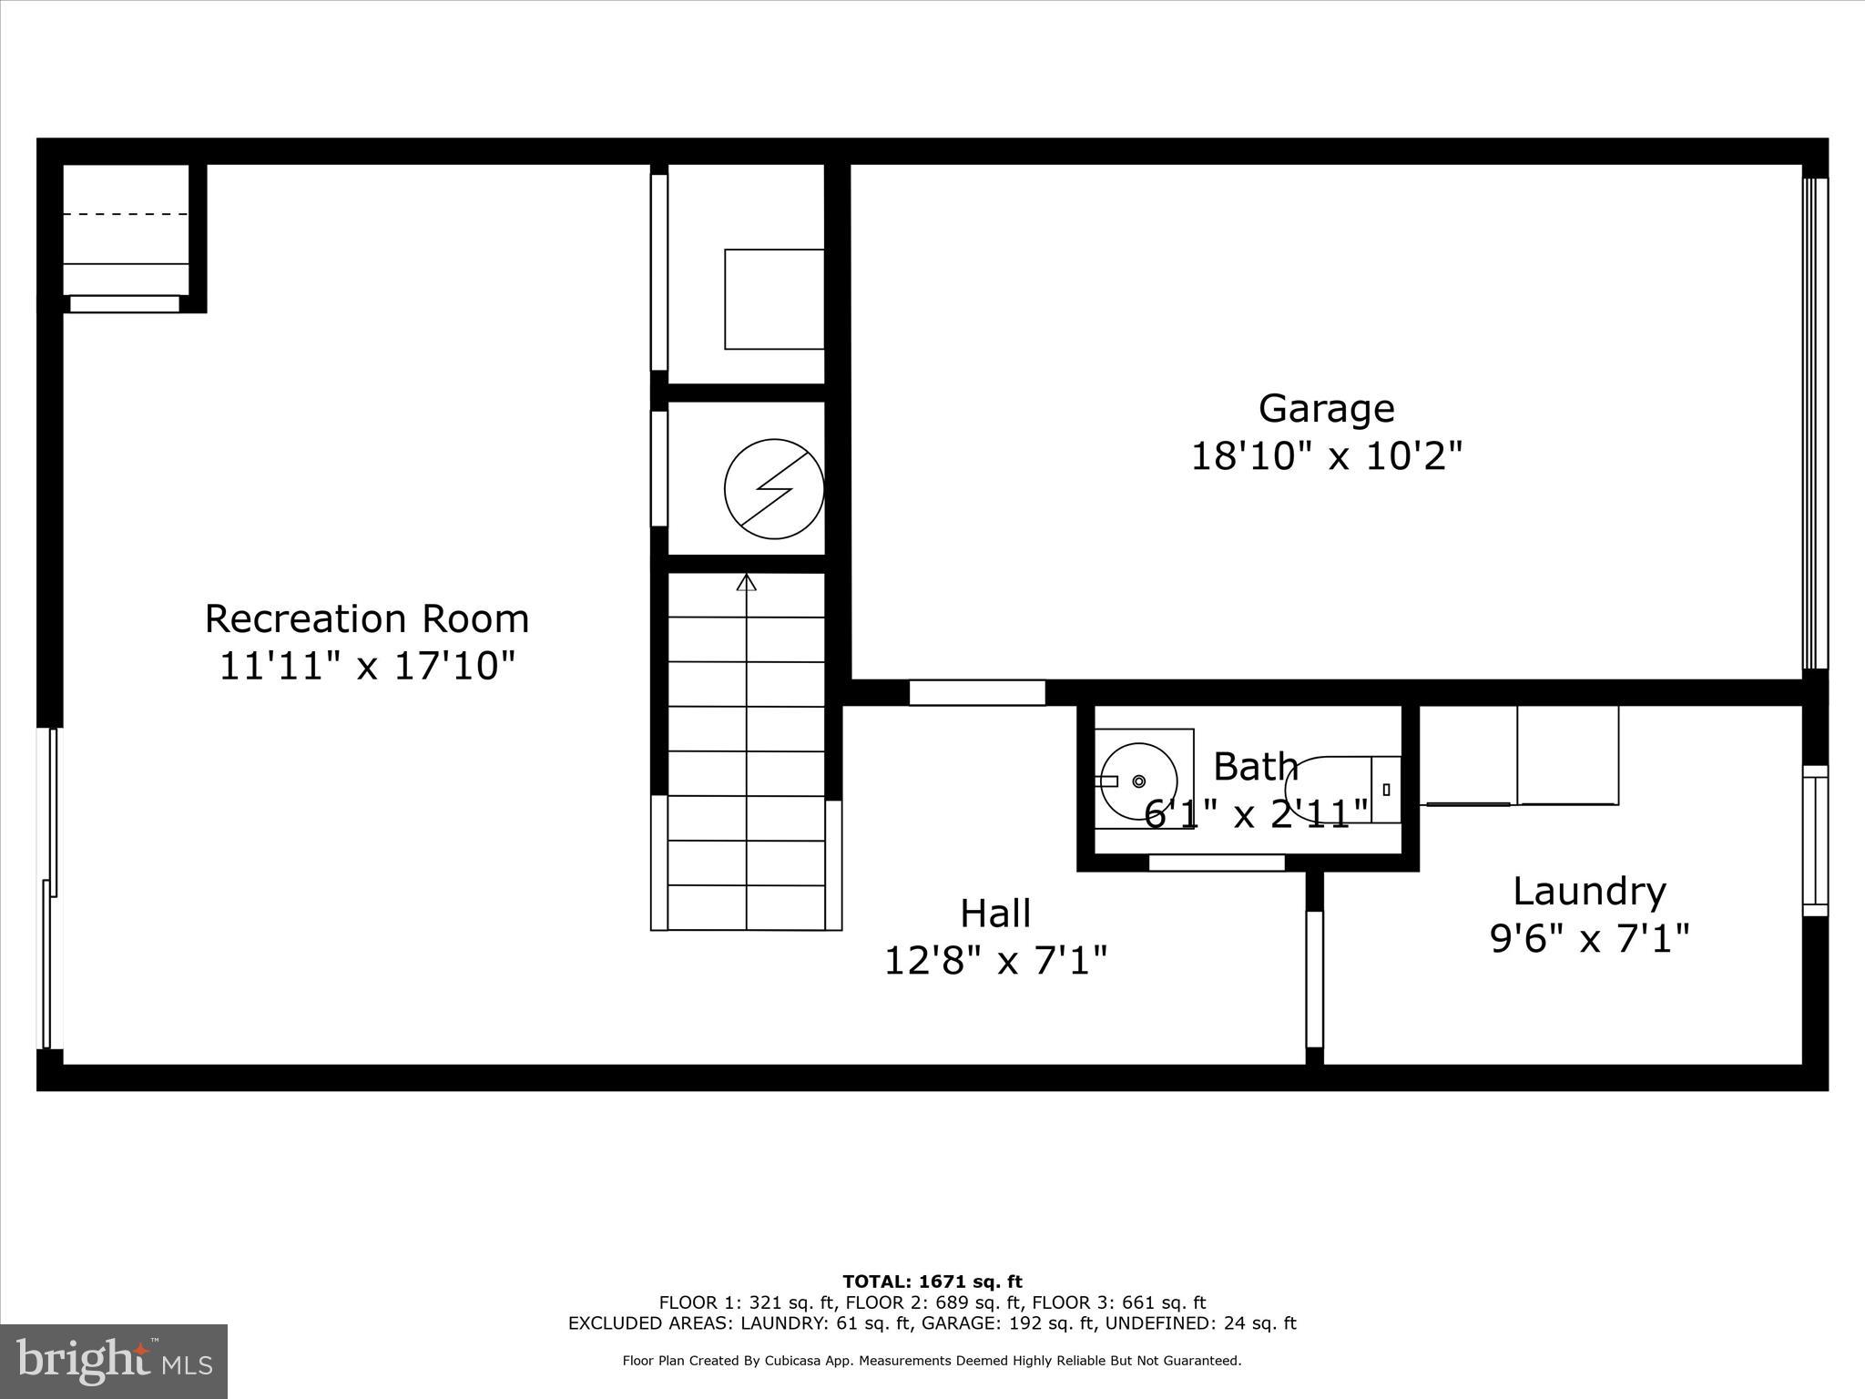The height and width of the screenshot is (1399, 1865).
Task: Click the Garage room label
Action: [1326, 408]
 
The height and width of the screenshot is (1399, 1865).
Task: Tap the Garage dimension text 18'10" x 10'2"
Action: [1326, 455]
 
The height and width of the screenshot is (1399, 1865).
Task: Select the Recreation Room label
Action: [366, 619]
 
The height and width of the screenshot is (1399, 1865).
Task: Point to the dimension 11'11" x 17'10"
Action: [366, 666]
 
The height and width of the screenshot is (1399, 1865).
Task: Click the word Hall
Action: [995, 914]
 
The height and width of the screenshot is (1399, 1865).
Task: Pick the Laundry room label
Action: [1589, 891]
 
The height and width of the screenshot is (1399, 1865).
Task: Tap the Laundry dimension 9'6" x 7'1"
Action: [1589, 937]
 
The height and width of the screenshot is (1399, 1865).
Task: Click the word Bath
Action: [1256, 767]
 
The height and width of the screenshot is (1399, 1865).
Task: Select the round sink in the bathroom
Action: [1138, 781]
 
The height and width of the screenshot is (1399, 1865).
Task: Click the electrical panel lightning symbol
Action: [774, 489]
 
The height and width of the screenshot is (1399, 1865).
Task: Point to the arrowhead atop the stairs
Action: [747, 582]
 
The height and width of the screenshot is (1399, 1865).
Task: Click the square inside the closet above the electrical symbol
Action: [774, 299]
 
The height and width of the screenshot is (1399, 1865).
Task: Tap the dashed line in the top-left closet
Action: [126, 214]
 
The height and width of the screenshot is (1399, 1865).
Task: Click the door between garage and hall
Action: [977, 692]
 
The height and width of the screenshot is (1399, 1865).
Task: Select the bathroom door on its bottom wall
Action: [1217, 862]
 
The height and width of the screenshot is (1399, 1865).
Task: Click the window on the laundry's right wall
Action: [1815, 840]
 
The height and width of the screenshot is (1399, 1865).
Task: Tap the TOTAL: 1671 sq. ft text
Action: [932, 1282]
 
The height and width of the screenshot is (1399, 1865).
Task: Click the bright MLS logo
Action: [114, 1361]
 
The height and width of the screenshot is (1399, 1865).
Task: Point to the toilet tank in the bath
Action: [1386, 790]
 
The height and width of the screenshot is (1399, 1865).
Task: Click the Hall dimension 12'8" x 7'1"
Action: [995, 960]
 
